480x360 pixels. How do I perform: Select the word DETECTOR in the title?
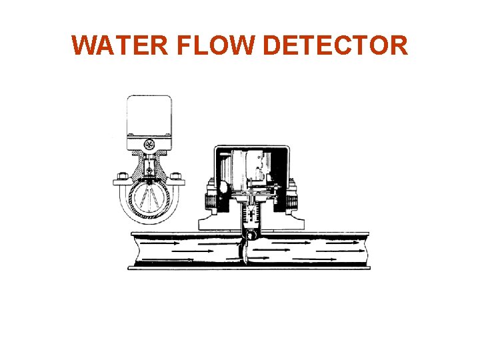[x=335, y=46]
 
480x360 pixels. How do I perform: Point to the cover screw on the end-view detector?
[x=150, y=144]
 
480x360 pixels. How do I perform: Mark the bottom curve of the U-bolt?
[x=149, y=219]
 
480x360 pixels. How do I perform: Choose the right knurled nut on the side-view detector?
[x=291, y=200]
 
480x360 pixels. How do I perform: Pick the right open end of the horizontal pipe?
[x=366, y=250]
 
